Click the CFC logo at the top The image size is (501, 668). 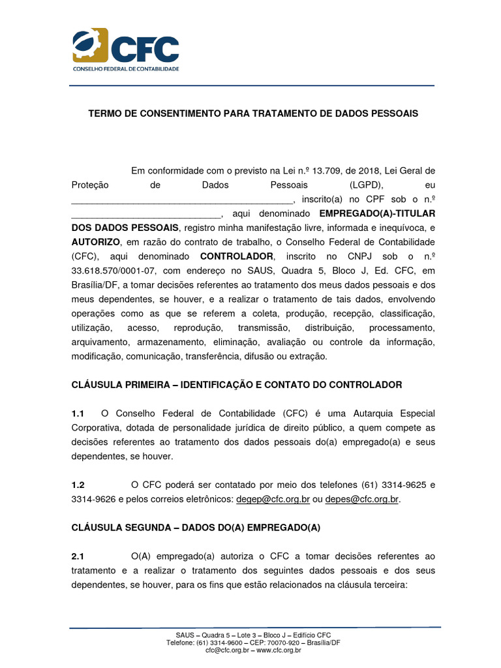[x=125, y=50]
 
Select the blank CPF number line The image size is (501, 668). [x=146, y=215]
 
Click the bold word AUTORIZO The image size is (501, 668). [x=94, y=242]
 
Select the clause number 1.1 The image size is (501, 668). [x=78, y=414]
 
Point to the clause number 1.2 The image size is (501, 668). [x=78, y=485]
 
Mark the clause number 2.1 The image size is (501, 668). [x=78, y=556]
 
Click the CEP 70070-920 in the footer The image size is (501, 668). [x=260, y=643]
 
